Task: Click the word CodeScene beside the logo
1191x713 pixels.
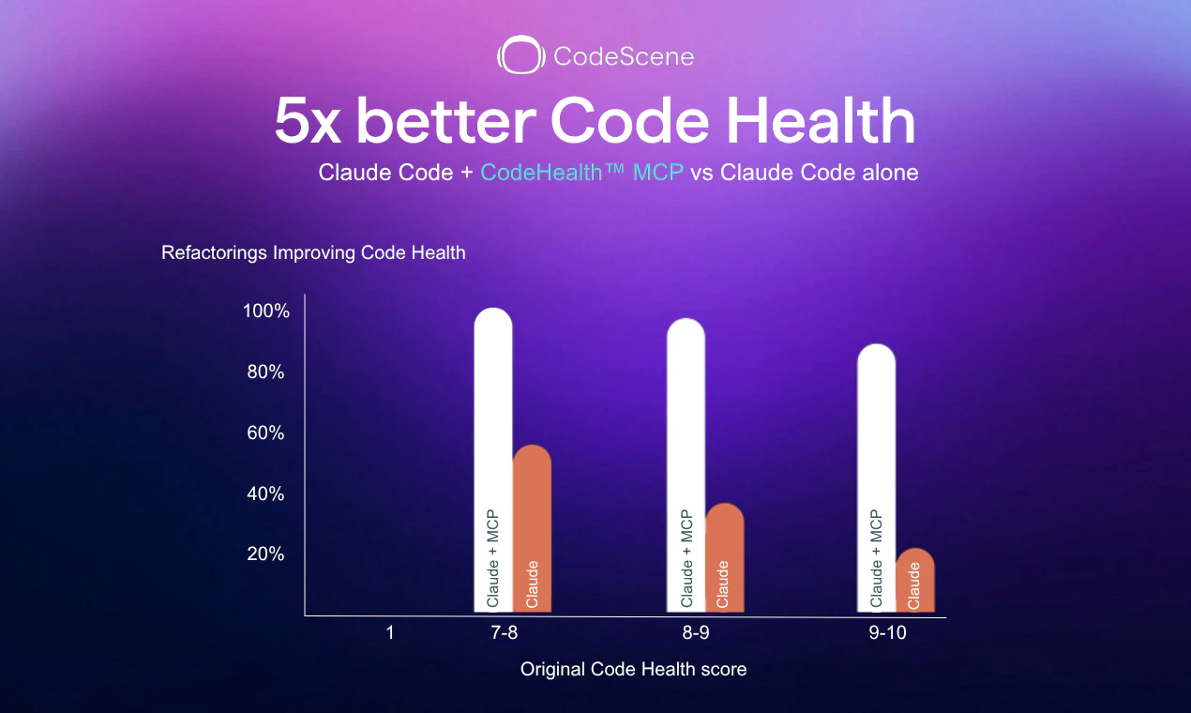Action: point(624,56)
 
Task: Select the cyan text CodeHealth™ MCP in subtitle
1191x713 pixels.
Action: point(582,173)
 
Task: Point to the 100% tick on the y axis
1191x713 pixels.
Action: point(266,311)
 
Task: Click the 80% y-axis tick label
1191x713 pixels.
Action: point(265,372)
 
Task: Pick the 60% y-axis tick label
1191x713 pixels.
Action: point(265,433)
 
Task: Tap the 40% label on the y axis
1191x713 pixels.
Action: point(265,493)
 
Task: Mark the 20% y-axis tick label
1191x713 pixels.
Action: point(265,554)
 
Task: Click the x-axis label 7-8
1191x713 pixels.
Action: point(505,632)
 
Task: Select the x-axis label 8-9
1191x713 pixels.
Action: point(695,632)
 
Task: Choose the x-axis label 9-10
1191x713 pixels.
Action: point(887,632)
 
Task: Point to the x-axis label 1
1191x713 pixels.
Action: point(389,632)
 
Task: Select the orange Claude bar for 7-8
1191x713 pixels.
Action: point(532,525)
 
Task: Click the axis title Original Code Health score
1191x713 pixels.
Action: point(634,669)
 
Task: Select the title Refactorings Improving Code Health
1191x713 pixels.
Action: point(313,253)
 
